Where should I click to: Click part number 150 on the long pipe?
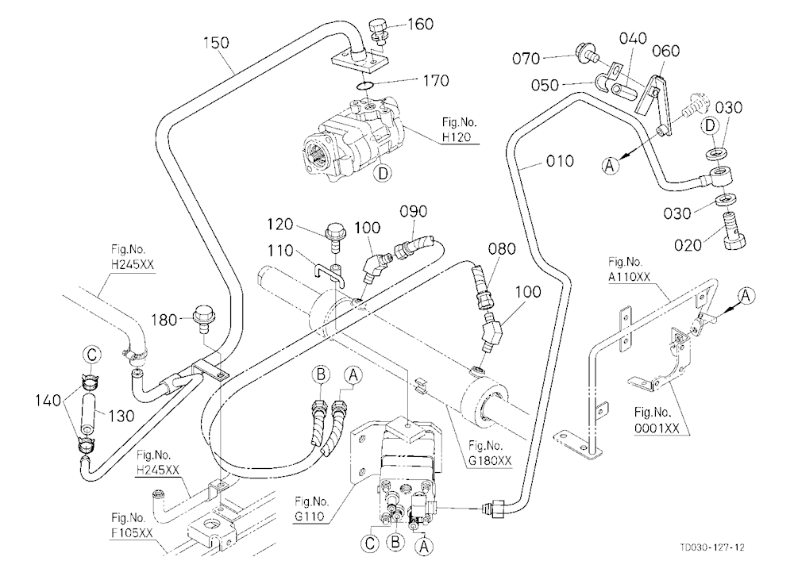tap(216, 43)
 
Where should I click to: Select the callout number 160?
tap(420, 24)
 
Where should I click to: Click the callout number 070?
tap(526, 59)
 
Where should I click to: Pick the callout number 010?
tap(560, 161)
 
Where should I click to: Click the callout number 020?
tap(688, 245)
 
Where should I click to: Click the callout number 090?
tap(413, 211)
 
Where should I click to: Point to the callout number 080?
tap(502, 248)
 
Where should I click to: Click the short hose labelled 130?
tap(89, 413)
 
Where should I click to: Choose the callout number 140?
tap(48, 401)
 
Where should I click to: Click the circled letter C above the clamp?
tap(91, 355)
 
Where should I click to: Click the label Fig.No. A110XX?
tap(629, 269)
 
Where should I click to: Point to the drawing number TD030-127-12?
tap(712, 547)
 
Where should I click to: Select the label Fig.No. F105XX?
tap(132, 525)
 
